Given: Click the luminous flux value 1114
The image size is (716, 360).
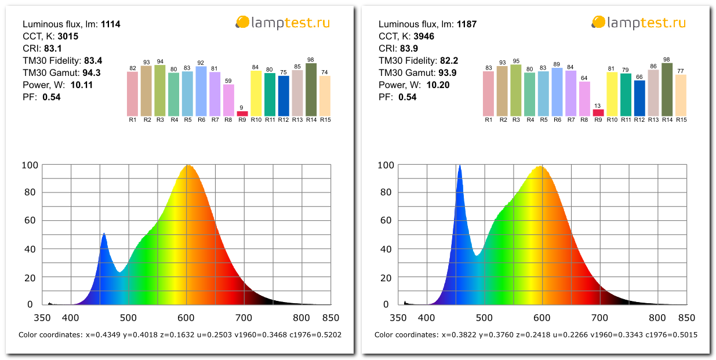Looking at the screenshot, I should [110, 24].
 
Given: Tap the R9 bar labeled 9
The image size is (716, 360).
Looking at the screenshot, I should [242, 114].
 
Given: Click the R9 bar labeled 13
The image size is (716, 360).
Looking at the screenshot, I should [598, 112].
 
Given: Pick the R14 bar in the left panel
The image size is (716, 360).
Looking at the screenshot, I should [311, 89].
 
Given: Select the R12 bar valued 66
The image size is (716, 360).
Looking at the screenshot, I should [639, 98].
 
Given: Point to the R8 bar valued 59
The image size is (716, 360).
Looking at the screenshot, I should [228, 100].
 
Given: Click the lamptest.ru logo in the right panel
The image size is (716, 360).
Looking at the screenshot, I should [638, 23].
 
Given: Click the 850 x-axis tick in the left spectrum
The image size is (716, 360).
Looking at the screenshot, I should [330, 318].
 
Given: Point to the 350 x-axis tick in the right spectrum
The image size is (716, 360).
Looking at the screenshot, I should [398, 318].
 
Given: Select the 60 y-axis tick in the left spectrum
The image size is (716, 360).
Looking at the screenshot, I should [30, 220].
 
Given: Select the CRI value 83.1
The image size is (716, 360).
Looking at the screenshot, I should [54, 49].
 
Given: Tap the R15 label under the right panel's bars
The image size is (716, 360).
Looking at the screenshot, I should [681, 119].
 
